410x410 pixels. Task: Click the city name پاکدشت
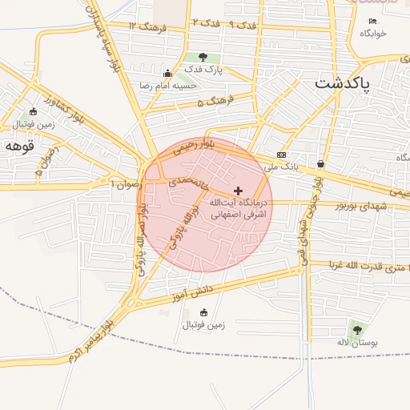coord(342,84)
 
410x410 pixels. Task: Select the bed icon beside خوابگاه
coord(372,21)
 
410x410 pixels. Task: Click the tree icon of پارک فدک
coord(203,57)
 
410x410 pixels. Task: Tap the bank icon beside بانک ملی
coord(281,154)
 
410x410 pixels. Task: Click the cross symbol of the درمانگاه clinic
coord(238,190)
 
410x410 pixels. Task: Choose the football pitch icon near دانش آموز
coord(203,312)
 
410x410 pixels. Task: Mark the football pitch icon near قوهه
coord(33,111)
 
